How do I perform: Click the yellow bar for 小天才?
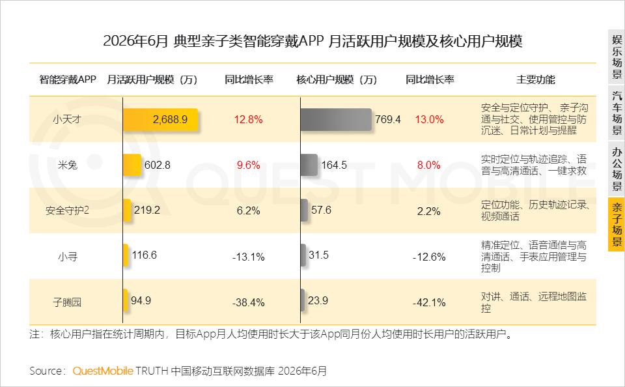click(160, 119)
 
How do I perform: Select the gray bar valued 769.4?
click(336, 119)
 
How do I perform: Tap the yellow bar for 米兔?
click(132, 165)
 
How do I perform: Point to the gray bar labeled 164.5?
click(309, 165)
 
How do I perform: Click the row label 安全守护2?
click(67, 210)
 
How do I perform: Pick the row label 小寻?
click(67, 256)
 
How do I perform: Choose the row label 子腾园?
click(67, 302)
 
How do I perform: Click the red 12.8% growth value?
click(248, 119)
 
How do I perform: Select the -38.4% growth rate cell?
click(248, 302)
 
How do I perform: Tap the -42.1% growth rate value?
click(429, 302)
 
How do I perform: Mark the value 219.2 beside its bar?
click(147, 210)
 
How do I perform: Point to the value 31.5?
click(318, 255)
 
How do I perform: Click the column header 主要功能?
click(535, 79)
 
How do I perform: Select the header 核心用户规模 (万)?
click(337, 79)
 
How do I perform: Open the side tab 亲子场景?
click(617, 225)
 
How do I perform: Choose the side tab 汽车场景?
click(617, 113)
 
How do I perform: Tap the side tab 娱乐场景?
click(617, 57)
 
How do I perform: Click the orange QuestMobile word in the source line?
click(102, 371)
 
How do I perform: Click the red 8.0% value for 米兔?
click(429, 165)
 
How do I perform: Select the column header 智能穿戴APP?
click(67, 79)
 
